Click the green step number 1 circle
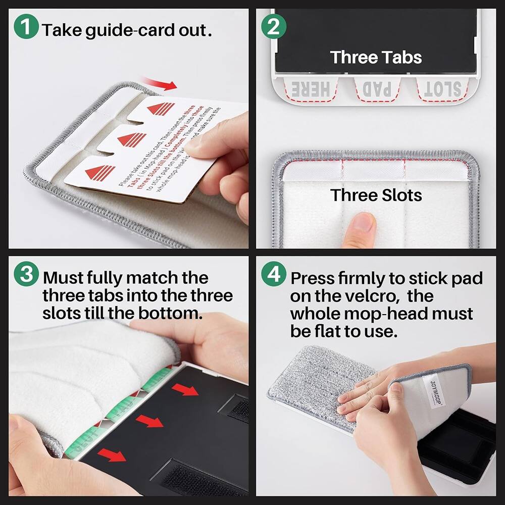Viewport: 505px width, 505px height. point(27,29)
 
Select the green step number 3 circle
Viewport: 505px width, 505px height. point(27,276)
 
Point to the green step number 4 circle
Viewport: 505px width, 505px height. point(273,276)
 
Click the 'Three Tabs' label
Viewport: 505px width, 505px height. point(376,57)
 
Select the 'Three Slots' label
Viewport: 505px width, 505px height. point(376,195)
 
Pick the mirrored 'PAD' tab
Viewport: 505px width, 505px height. point(377,89)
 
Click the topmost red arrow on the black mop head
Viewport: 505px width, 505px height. point(184,389)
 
